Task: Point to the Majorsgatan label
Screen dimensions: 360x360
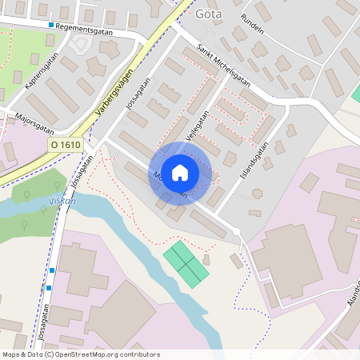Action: [x=34, y=122]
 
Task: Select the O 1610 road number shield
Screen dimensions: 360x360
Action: [x=65, y=144]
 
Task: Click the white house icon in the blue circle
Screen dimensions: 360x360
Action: [x=180, y=173]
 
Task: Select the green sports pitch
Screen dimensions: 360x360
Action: [x=186, y=263]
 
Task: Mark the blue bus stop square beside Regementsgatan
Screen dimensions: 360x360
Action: [x=51, y=26]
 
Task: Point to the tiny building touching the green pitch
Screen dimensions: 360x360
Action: [x=206, y=259]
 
